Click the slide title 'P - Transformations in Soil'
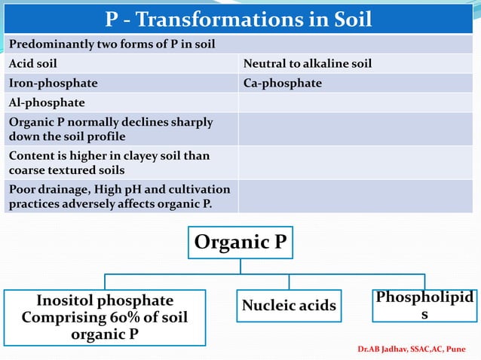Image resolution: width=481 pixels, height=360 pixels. click(x=240, y=18)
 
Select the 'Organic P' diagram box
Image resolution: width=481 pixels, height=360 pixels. click(x=240, y=243)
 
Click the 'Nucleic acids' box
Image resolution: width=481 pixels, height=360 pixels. click(x=289, y=305)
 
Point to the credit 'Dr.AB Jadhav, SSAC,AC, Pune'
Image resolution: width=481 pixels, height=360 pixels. click(x=412, y=349)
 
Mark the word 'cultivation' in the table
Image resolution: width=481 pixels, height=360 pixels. click(x=201, y=189)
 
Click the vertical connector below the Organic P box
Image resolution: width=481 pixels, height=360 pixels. click(x=240, y=266)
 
